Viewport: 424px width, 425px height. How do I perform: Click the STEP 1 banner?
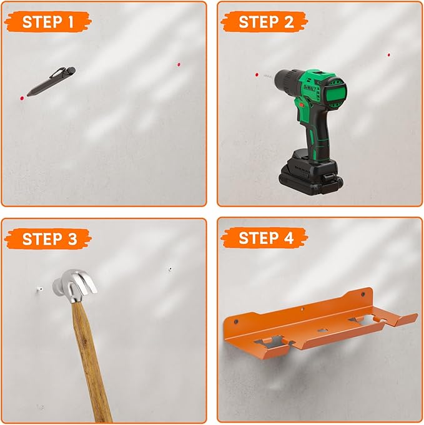48,22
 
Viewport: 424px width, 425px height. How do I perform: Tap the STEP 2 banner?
265,22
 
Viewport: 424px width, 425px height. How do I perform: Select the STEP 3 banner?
48,239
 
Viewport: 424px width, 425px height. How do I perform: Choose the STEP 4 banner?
265,238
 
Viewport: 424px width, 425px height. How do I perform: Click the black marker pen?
51,81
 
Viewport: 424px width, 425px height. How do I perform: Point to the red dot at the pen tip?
22,98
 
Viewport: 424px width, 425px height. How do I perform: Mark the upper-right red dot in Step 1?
179,64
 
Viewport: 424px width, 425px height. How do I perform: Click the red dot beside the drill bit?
257,74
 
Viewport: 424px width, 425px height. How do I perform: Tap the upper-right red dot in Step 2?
389,55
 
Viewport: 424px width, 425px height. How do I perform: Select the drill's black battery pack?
310,176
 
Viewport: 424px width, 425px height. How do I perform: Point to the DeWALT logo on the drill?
310,90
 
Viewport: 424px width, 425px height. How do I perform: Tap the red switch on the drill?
302,105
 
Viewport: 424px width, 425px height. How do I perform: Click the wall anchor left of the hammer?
39,289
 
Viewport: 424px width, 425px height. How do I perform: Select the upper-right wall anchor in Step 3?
170,269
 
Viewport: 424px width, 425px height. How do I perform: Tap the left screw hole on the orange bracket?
236,322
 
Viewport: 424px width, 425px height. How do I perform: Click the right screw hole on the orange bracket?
363,294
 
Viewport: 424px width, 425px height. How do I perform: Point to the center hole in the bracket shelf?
322,330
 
